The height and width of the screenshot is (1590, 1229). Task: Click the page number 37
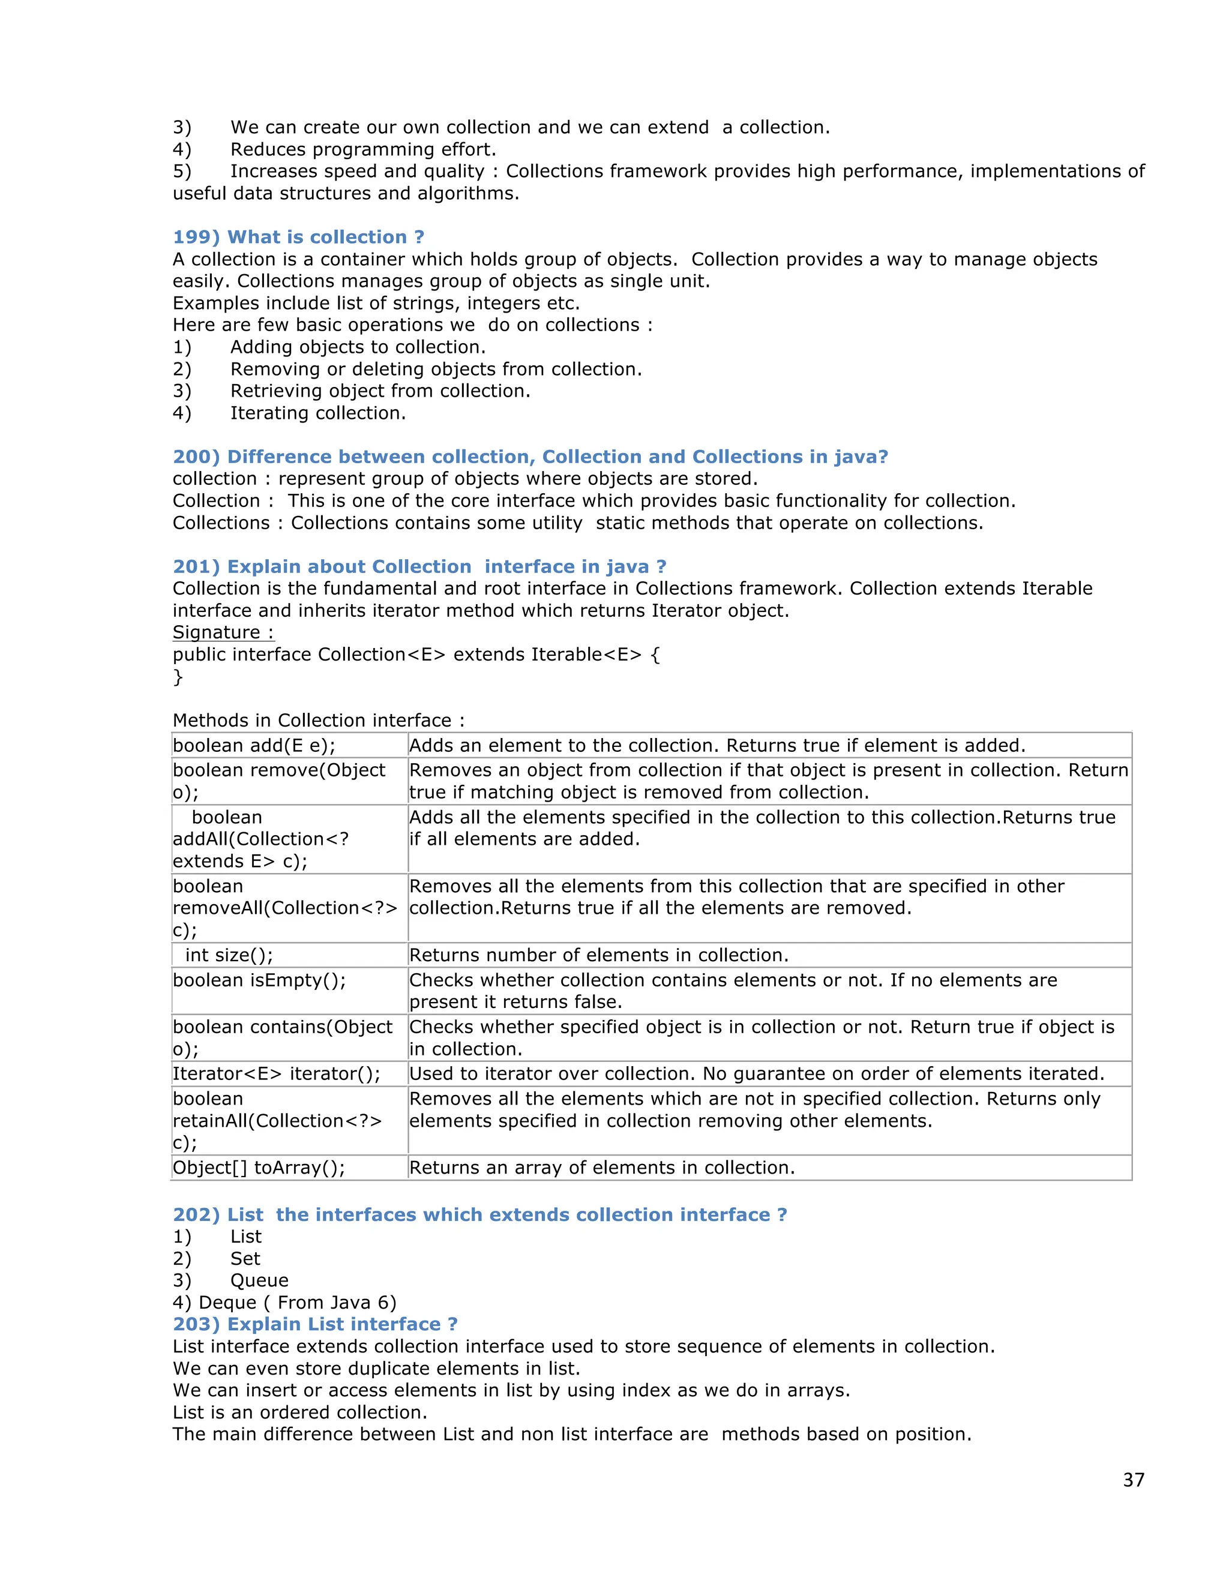[1133, 1480]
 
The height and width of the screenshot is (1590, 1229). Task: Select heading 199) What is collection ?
[298, 238]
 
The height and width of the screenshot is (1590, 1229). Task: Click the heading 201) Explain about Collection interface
[419, 566]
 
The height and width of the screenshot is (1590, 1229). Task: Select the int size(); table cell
[229, 955]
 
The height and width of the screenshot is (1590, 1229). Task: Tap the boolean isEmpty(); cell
[259, 980]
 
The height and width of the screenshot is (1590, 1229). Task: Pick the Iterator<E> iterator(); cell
[277, 1074]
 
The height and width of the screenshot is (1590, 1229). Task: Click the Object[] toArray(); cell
[259, 1168]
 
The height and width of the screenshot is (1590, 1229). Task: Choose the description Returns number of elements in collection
[598, 955]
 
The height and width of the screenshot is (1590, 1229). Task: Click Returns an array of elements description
[601, 1168]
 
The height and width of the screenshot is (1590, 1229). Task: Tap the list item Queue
[259, 1280]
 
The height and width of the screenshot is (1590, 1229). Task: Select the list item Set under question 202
[245, 1259]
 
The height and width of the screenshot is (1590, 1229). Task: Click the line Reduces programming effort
[362, 150]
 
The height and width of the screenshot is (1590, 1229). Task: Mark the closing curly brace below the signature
[178, 677]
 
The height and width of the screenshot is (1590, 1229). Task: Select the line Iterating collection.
[317, 413]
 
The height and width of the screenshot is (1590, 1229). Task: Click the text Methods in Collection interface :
[318, 721]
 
